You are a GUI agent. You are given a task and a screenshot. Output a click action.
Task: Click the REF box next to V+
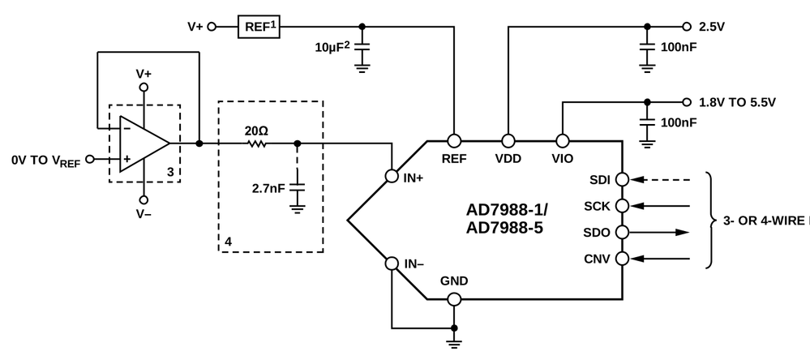(x=257, y=27)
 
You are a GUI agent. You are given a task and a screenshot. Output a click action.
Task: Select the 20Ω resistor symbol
(x=256, y=144)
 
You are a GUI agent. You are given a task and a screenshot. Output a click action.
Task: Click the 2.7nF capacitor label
(x=268, y=188)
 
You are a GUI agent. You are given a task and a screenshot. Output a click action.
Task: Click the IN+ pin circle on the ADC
(x=392, y=175)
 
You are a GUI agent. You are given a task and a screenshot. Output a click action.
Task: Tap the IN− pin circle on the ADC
(x=392, y=264)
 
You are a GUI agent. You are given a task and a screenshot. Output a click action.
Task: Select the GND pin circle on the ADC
(x=454, y=299)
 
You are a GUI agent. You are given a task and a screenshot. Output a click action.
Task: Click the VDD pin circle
(x=508, y=139)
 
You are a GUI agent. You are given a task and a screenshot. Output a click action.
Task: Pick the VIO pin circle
(x=561, y=139)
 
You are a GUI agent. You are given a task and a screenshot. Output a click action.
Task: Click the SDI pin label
(x=602, y=179)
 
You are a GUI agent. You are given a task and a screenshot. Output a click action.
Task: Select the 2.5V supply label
(x=711, y=27)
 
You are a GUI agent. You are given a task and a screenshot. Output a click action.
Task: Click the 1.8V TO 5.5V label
(x=737, y=102)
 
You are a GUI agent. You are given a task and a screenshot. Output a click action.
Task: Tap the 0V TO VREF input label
(x=46, y=161)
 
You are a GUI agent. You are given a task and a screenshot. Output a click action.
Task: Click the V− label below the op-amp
(x=144, y=214)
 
